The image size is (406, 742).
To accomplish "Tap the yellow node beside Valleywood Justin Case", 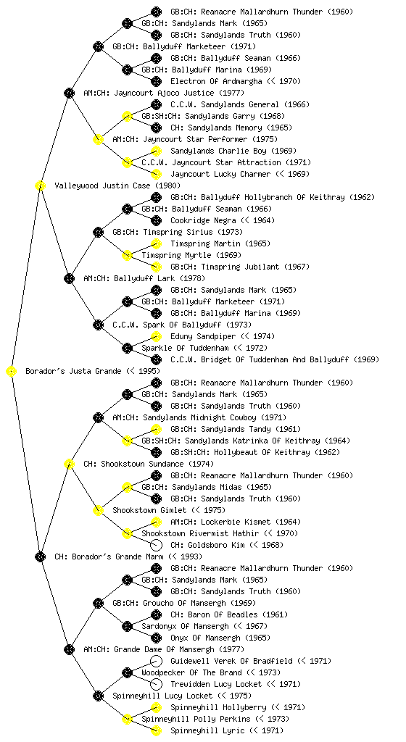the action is [x=40, y=185].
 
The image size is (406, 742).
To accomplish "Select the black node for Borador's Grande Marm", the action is [x=40, y=556].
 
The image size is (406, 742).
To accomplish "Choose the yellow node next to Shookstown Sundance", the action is [x=69, y=464].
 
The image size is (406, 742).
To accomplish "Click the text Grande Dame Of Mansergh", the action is [x=164, y=649].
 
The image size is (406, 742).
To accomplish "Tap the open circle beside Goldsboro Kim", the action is [x=156, y=545].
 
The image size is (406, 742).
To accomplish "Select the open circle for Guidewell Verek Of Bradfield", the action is [x=156, y=661].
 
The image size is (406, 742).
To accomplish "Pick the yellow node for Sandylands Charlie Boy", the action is [x=156, y=151].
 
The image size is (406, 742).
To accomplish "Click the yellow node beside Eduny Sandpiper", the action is [x=156, y=336].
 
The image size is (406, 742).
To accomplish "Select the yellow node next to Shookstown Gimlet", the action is [x=98, y=510].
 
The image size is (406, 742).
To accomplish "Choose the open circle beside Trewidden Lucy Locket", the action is [x=156, y=684].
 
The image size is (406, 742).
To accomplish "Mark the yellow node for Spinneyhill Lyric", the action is [x=156, y=730].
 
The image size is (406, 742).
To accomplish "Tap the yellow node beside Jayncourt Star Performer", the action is [x=98, y=139].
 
